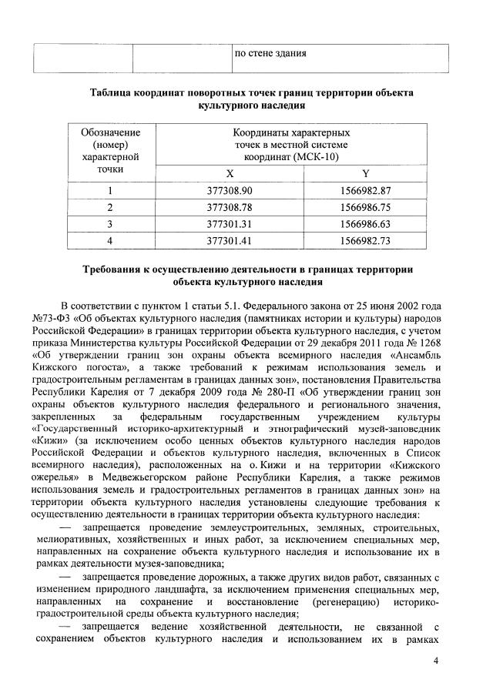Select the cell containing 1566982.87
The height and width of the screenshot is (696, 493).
[x=365, y=190]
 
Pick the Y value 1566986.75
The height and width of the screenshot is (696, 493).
[x=365, y=207]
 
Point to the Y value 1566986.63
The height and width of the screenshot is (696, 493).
[x=365, y=224]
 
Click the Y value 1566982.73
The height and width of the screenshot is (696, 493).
[x=365, y=241]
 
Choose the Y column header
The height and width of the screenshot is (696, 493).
[x=365, y=174]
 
